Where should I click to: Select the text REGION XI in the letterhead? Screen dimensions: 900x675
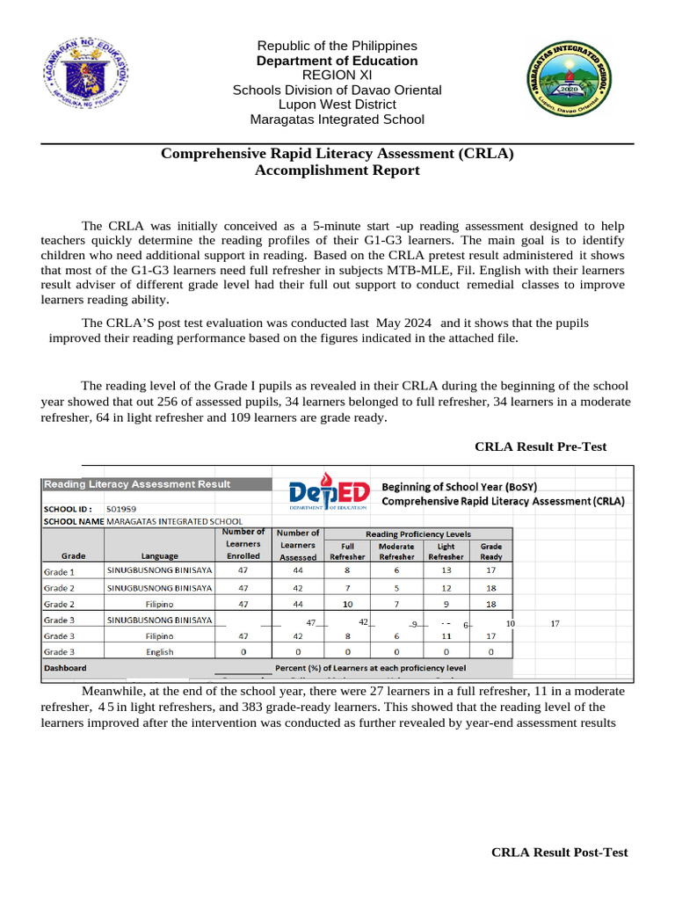coord(337,76)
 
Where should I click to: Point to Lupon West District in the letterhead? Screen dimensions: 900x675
coord(337,105)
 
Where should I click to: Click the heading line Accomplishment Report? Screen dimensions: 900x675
coord(337,171)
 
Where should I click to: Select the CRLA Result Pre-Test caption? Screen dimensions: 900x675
coord(540,447)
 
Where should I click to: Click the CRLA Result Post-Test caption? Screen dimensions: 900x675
coord(559,853)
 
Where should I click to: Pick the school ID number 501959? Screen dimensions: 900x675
coord(121,508)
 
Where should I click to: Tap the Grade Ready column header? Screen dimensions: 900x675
coord(491,551)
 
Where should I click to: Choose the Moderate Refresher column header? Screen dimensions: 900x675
coord(396,551)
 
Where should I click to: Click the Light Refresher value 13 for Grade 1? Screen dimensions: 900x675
coord(446,570)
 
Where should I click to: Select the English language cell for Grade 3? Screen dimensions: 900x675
coord(159,652)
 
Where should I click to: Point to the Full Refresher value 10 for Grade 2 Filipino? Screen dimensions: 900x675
coord(347,604)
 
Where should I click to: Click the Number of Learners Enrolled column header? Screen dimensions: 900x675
coord(243,544)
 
